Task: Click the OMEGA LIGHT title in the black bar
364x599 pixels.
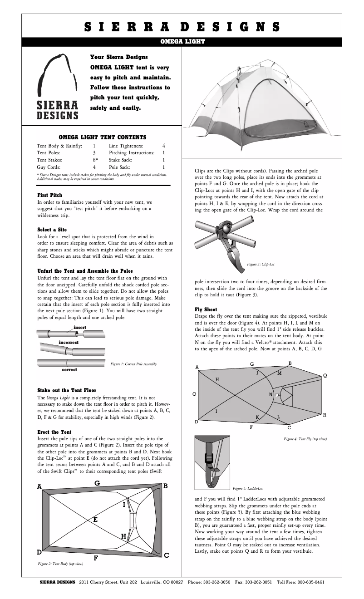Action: [182, 41]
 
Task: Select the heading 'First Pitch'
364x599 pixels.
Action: [49, 195]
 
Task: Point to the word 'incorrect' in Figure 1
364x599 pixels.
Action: [69, 342]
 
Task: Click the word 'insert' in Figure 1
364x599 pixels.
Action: [80, 327]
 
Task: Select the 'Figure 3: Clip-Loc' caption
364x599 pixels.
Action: [261, 264]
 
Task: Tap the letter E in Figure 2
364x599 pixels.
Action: [95, 519]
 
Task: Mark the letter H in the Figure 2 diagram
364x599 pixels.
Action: [123, 536]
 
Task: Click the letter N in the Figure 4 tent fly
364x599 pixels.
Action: [271, 394]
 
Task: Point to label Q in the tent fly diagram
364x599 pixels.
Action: [325, 376]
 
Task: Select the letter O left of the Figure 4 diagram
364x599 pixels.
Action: [194, 394]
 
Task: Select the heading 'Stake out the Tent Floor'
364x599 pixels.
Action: [66, 390]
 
